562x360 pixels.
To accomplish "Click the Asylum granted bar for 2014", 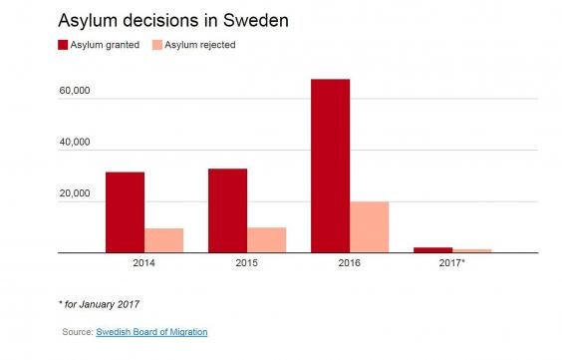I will tap(125, 212).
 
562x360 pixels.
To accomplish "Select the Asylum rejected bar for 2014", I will tap(164, 240).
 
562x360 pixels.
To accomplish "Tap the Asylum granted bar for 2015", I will tap(227, 210).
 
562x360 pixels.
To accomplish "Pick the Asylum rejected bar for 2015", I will tap(267, 240).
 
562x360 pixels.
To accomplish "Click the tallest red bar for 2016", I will tap(330, 166).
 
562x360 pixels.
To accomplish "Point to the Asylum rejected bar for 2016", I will tap(370, 227).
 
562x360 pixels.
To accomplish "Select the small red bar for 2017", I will tap(432, 249).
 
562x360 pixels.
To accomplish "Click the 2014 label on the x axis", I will tap(143, 265).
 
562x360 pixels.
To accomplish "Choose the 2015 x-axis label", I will tap(246, 265).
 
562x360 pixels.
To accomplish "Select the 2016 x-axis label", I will tap(349, 265).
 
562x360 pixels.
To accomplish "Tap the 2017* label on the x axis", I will tap(452, 265).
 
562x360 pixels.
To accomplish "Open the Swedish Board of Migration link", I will tap(151, 332).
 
